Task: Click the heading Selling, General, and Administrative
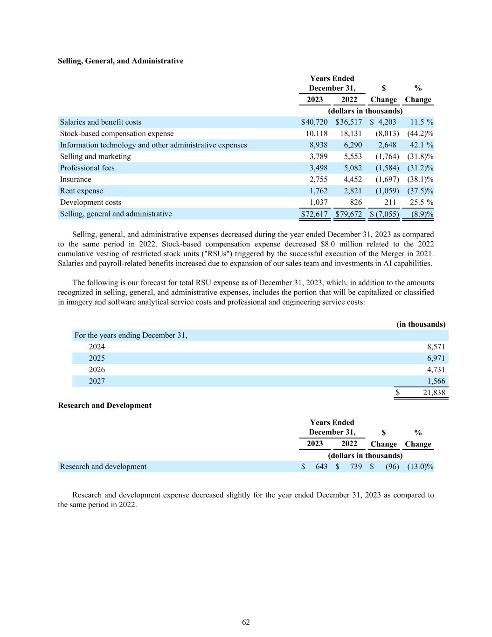coord(120,61)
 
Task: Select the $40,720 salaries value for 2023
coord(314,122)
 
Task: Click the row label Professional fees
coord(87,168)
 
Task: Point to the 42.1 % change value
coord(421,145)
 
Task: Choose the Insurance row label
coord(76,179)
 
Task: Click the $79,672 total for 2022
coord(349,214)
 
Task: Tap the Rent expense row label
coord(82,191)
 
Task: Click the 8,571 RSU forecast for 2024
coord(436,347)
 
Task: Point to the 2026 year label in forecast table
coord(97,370)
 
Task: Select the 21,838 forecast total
coord(434,392)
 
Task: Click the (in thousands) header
coord(421,324)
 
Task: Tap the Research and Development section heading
coord(104,406)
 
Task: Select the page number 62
coord(246,622)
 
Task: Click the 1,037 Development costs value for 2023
coord(319,202)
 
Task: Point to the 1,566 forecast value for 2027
coord(436,381)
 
